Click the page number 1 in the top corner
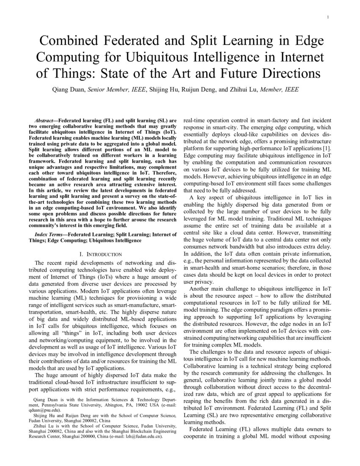pos(328,17)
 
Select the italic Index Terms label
pos(50,234)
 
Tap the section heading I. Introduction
pos(98,254)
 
